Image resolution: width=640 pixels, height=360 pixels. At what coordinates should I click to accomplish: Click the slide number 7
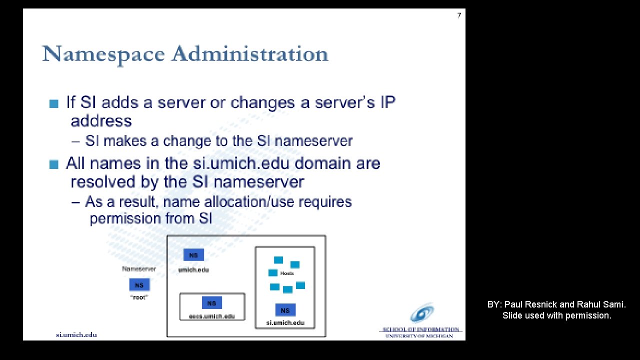[459, 15]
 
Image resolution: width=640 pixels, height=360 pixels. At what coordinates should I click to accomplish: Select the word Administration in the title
[250, 54]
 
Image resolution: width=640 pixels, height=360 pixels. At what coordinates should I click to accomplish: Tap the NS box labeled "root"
[139, 285]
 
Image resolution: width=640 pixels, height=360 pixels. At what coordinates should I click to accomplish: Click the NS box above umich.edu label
[193, 255]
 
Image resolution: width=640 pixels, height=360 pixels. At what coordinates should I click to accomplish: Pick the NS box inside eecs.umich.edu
[211, 303]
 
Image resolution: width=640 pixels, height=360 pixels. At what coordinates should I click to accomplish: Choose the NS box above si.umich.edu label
[285, 310]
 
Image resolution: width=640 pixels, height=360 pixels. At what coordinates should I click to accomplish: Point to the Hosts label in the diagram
[287, 273]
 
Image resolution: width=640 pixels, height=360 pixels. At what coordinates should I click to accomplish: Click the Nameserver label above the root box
[139, 269]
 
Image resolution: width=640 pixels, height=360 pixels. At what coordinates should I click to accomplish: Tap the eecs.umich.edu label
[212, 316]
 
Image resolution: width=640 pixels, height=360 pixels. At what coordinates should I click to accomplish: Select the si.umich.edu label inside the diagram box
[285, 322]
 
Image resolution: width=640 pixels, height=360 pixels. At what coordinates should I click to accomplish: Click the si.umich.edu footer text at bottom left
[76, 334]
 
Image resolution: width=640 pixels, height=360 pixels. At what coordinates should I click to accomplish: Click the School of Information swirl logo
[421, 313]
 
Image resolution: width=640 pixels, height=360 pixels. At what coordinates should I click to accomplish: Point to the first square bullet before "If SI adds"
[54, 104]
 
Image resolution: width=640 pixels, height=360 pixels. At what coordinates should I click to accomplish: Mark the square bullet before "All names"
[54, 164]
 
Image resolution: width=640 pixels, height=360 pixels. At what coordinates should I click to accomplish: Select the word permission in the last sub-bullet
[118, 218]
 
